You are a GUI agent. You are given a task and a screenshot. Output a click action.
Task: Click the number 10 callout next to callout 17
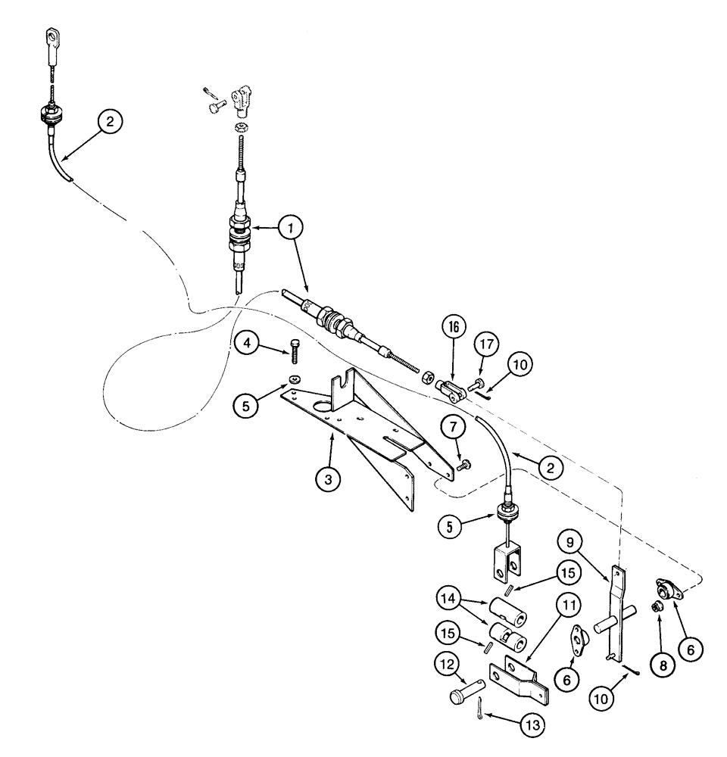519,364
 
